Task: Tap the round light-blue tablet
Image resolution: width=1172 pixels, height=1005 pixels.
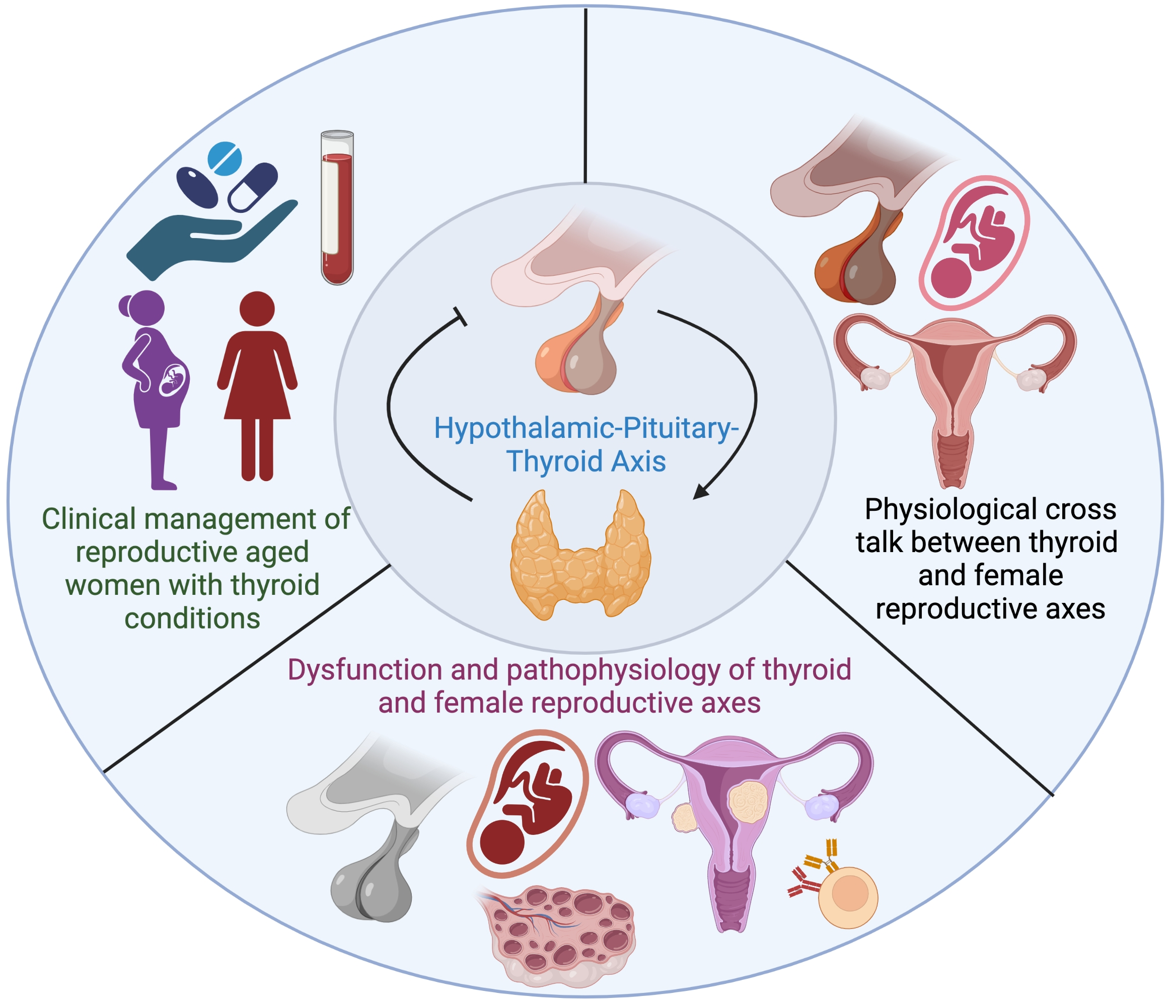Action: [x=225, y=159]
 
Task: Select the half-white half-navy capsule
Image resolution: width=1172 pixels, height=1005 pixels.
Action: [x=252, y=187]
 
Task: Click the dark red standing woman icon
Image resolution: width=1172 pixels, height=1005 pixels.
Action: [x=257, y=384]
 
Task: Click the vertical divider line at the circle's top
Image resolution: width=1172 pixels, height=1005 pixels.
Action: [x=585, y=96]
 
